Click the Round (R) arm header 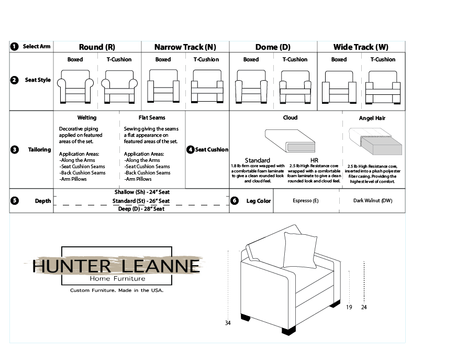pos(97,47)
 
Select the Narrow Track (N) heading pos(185,47)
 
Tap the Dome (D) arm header pos(273,47)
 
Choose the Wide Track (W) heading pos(361,47)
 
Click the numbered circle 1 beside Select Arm pos(14,47)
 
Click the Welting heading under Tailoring pos(87,118)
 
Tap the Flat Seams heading pos(152,118)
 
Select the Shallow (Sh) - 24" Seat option pos(142,192)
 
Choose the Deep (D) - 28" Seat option pos(141,209)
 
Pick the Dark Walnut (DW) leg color pos(372,201)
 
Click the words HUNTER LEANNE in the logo pos(116,266)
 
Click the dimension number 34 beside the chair pos(228,323)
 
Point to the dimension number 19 pos(349,308)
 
